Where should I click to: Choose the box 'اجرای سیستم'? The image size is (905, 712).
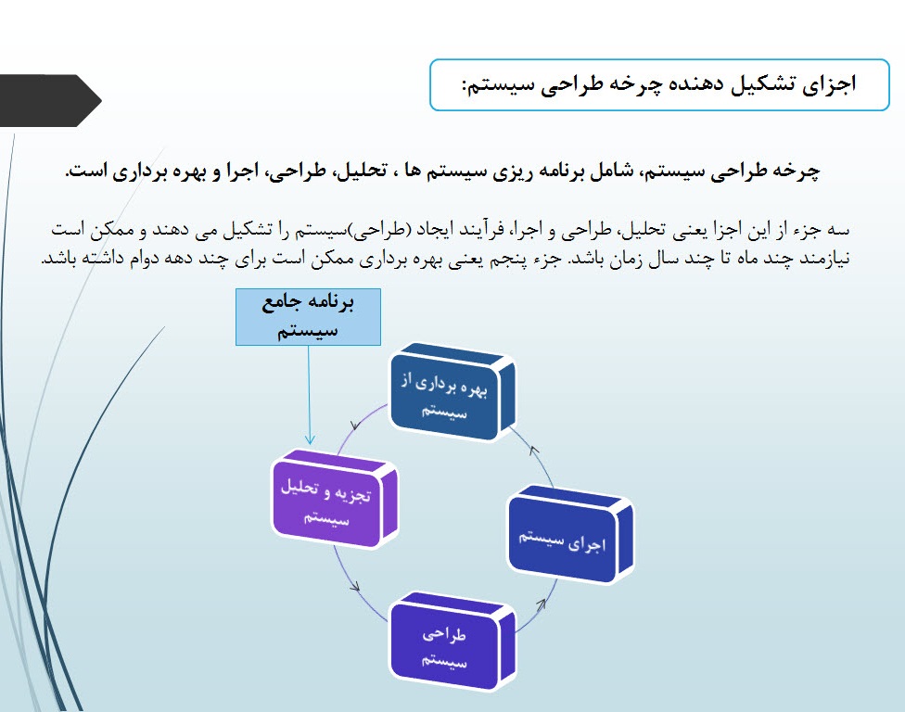[569, 539]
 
